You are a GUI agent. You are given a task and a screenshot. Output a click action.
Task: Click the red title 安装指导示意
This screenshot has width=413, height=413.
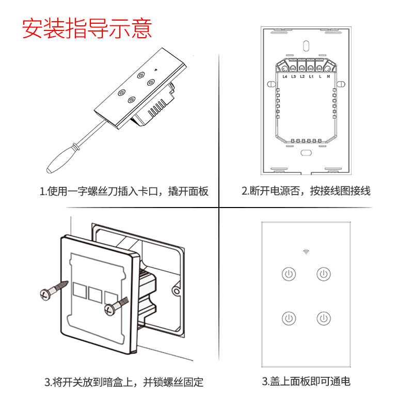87,29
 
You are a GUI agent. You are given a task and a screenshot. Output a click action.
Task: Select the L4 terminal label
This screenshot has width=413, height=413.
284,77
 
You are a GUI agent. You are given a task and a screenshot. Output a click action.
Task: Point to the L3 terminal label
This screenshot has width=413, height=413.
293,77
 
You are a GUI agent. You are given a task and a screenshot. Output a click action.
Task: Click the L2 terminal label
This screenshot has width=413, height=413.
302,77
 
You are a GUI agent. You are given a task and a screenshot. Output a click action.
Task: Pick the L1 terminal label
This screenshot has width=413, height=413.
311,77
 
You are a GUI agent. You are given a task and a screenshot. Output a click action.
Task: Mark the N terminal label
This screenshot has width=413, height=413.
328,77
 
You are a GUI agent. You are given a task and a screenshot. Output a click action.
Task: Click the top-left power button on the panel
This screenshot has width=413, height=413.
289,274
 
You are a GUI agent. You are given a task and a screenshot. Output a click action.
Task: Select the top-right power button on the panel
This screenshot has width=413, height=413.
323,274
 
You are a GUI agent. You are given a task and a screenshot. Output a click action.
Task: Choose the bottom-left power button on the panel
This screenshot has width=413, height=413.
289,317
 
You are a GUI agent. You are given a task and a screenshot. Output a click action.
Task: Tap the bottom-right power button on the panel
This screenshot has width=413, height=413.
323,317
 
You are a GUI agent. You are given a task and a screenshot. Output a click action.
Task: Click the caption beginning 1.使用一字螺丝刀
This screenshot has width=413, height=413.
124,192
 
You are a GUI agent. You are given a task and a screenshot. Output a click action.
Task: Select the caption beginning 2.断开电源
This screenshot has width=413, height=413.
306,192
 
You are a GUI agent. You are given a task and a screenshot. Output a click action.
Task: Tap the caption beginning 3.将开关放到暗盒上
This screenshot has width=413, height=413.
124,383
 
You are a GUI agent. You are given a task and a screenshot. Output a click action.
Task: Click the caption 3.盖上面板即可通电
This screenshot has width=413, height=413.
306,382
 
